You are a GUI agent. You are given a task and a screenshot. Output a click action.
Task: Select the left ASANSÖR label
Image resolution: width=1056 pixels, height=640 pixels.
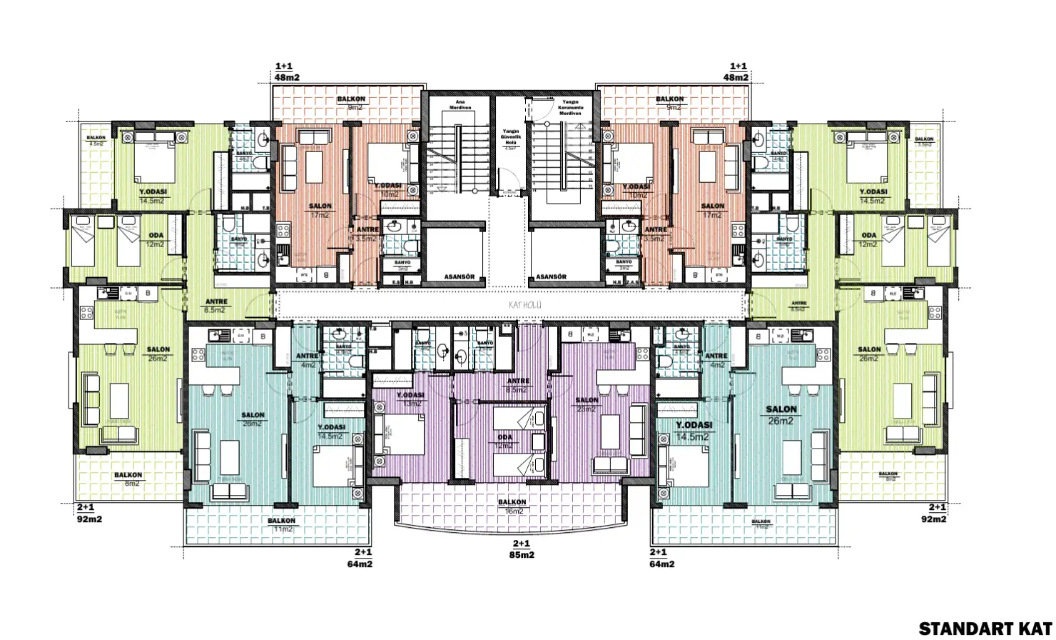(460, 276)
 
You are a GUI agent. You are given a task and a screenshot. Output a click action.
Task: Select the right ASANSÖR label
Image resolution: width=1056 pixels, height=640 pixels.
(550, 276)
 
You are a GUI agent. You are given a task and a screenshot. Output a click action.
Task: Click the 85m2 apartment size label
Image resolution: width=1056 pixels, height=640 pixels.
(521, 554)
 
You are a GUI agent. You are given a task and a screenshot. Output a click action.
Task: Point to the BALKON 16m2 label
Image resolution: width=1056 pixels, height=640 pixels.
(512, 506)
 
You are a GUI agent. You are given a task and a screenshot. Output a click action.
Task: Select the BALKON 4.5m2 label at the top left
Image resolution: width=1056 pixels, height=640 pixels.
(96, 140)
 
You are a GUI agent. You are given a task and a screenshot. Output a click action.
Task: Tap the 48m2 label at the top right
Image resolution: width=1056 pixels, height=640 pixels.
(736, 76)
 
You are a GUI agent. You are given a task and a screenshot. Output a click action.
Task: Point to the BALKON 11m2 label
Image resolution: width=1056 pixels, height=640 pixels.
(282, 525)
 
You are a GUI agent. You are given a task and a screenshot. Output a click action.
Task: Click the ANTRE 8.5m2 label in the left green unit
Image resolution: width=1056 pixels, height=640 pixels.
(215, 306)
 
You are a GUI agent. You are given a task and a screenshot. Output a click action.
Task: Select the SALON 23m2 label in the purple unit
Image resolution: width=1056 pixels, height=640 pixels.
(587, 404)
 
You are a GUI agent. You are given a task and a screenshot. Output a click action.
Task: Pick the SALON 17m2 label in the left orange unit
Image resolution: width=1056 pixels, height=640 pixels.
(320, 210)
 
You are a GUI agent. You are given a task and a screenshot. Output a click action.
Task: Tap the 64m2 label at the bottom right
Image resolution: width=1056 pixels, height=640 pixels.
(662, 564)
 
